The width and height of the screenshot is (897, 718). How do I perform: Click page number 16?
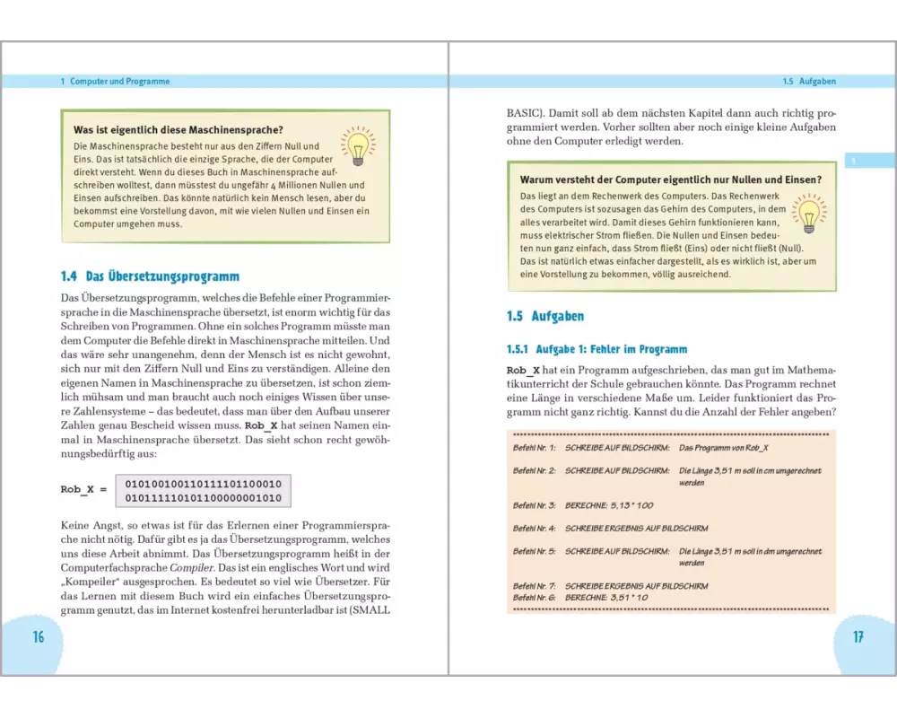[38, 637]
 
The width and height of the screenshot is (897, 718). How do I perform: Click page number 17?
[858, 637]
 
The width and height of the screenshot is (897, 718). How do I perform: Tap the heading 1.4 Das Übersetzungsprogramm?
[150, 276]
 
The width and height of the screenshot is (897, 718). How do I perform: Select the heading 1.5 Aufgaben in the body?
[545, 317]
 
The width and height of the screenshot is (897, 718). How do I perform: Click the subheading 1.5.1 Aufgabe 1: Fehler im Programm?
[597, 348]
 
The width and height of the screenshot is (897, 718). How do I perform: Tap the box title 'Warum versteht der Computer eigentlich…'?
[671, 179]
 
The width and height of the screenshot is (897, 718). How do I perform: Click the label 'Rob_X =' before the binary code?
[83, 489]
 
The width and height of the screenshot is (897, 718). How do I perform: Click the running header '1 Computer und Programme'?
[115, 81]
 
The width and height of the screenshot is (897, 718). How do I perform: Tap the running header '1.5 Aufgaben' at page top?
[808, 81]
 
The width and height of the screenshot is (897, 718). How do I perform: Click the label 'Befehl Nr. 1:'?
[535, 446]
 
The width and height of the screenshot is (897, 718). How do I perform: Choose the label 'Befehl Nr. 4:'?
[535, 529]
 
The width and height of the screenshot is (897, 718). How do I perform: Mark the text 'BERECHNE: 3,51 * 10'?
[606, 598]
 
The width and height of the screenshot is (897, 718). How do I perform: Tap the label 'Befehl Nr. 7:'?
[535, 586]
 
